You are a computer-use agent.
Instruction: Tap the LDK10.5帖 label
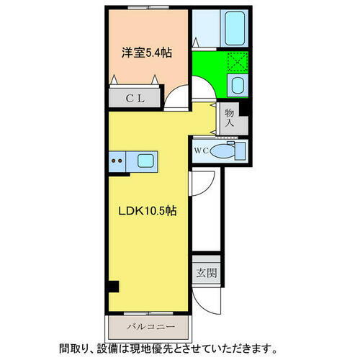click(148, 212)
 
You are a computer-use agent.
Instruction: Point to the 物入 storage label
click(229, 118)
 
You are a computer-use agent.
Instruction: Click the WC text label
click(201, 151)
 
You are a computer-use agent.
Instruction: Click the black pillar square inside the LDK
click(113, 287)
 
